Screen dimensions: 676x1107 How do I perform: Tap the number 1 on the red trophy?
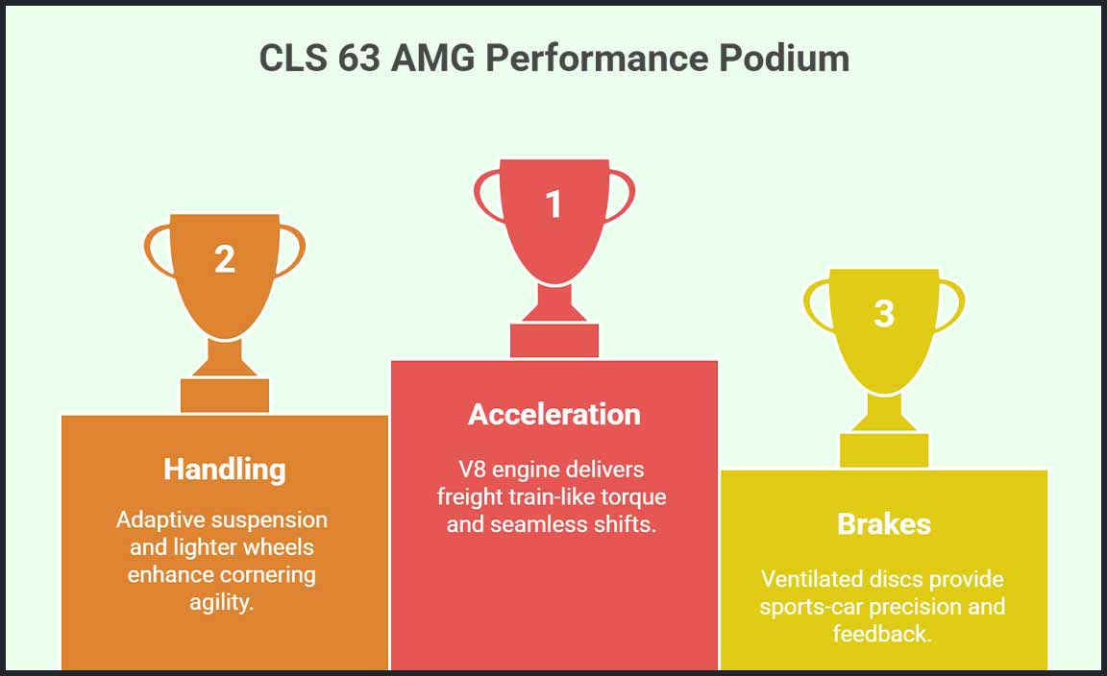(x=553, y=204)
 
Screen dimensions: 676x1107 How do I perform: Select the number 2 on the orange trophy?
(x=224, y=258)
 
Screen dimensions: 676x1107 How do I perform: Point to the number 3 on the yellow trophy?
(x=884, y=313)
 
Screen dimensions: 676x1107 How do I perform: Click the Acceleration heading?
(x=553, y=414)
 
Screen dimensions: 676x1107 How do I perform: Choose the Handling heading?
(x=224, y=469)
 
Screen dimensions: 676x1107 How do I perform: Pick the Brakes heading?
(x=884, y=523)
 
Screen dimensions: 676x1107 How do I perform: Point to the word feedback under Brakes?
(x=883, y=635)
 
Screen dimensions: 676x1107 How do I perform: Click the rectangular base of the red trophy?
(x=554, y=341)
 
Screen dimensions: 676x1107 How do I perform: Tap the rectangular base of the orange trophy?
(x=225, y=396)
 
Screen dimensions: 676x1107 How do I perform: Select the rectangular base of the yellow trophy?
(x=884, y=450)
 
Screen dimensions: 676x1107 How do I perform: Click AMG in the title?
(x=432, y=59)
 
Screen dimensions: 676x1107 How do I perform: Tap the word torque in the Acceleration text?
(x=636, y=497)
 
